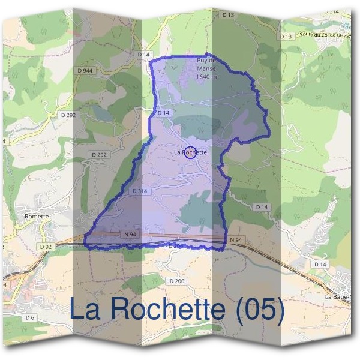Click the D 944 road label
coord(85,71)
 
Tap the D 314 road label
coord(139,191)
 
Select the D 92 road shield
coord(44,247)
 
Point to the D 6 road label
coord(30,317)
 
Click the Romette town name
coord(37,216)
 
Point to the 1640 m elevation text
coord(206,77)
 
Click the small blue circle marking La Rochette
coord(190,152)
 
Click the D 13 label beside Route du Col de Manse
coord(285,37)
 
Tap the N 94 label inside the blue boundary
coord(129,234)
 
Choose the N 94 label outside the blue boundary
coord(236,240)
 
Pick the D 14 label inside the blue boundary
coord(164,113)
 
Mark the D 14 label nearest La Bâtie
coord(320,264)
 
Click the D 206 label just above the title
coord(176,281)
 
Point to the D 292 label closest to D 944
coord(67,114)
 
